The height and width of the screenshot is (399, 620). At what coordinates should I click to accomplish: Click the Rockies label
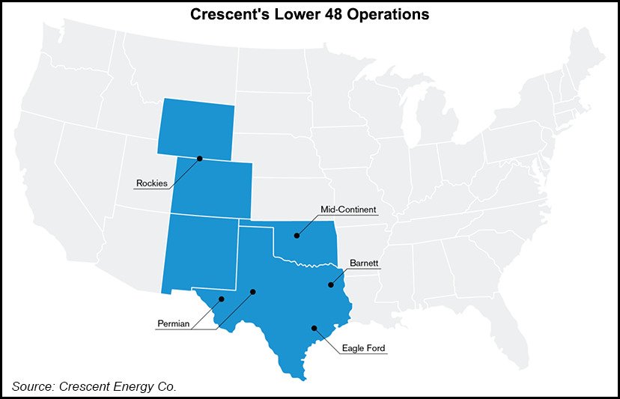[152, 183]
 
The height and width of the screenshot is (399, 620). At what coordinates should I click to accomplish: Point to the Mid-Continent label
[348, 210]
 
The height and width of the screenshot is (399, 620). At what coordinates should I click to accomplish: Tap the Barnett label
[365, 263]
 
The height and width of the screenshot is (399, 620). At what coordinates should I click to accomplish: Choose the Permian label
[174, 324]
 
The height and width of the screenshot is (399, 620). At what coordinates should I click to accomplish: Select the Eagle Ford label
[365, 348]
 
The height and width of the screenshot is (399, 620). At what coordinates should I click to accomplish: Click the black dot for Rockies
[200, 158]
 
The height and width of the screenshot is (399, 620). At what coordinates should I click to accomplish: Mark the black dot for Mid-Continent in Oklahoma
[297, 236]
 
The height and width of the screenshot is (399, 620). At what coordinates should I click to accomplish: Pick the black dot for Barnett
[330, 284]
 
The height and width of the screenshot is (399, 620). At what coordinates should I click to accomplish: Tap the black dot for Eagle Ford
[314, 328]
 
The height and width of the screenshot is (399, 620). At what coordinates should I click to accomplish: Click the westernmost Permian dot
[222, 299]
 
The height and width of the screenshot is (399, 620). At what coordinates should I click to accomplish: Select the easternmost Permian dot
[253, 292]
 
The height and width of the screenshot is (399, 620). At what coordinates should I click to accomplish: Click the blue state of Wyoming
[196, 127]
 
